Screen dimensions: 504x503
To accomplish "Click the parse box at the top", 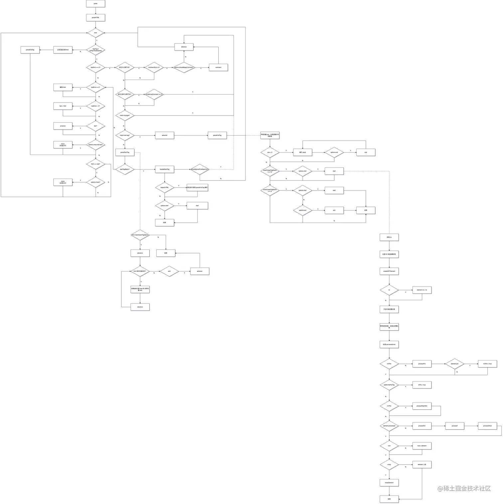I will (x=95, y=4).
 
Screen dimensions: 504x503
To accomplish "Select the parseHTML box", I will (x=95, y=18).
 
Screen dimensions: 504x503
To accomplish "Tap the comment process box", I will (x=218, y=67).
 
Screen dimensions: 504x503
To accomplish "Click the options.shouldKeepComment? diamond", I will (x=184, y=67).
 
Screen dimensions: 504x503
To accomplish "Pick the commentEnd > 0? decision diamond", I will (x=154, y=67).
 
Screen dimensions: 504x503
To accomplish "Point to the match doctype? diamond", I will (x=125, y=115).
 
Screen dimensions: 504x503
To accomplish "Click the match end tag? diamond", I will (x=125, y=135).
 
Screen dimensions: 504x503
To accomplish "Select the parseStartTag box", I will (x=125, y=152).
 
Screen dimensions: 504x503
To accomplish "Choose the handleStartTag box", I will (x=164, y=169).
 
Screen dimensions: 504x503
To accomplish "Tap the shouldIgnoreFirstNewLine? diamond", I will (x=200, y=169).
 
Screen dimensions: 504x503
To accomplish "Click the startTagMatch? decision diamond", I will (x=125, y=169).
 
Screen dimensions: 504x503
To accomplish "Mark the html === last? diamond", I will (x=95, y=164).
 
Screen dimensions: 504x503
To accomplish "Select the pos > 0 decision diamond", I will (x=270, y=152).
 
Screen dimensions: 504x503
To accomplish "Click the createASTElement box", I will (x=389, y=271).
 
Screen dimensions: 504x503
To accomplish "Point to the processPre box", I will (x=422, y=364).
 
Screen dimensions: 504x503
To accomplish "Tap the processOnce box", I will (x=487, y=426).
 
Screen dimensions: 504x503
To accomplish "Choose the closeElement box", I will (x=389, y=483).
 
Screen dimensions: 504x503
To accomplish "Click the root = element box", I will (x=422, y=446).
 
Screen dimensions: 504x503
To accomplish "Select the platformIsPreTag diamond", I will (x=389, y=385).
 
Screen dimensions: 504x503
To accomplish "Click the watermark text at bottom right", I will (x=464, y=488).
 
